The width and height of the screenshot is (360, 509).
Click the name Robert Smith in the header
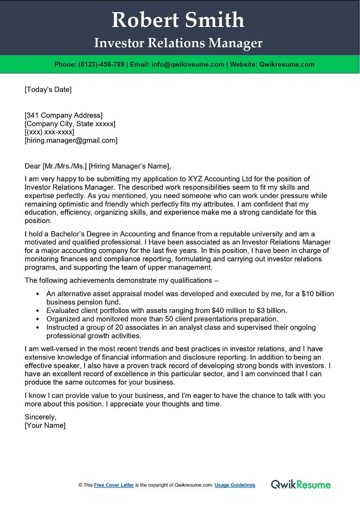point(178,20)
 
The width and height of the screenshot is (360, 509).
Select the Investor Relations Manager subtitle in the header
point(178,43)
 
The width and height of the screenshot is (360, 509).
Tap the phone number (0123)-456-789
point(102,64)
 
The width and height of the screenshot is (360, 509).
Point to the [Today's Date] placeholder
point(48,90)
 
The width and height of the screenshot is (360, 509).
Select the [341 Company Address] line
point(63,115)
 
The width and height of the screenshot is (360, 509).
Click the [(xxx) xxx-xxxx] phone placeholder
point(49,132)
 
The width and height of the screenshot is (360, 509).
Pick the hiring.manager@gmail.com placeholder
point(71,140)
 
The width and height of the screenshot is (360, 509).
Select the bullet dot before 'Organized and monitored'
point(37,319)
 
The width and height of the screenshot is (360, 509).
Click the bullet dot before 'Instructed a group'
point(37,328)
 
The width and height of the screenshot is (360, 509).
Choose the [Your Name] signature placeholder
point(45,425)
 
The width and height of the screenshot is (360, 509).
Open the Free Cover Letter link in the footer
point(114,485)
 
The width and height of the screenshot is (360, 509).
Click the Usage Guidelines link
point(235,485)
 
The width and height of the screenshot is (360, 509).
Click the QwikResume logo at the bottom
point(301,485)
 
